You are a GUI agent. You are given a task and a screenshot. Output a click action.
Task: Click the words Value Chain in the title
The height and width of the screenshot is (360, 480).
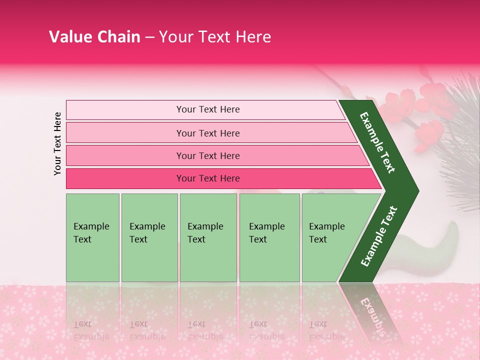pos(94,37)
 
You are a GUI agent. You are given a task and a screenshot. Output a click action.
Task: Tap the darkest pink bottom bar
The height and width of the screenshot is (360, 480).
pos(125,178)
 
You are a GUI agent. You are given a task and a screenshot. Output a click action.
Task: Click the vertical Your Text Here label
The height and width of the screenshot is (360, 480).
pos(57,143)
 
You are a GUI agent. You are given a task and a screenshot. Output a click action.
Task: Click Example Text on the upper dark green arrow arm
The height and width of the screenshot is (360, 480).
pos(377,142)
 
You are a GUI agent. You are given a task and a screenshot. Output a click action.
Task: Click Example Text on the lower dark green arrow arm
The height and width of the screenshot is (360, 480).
pos(378,236)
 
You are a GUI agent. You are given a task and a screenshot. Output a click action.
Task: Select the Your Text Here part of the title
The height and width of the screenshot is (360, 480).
pos(215,37)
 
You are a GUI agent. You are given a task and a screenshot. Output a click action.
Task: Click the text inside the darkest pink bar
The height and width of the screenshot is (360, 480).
pos(208,178)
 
